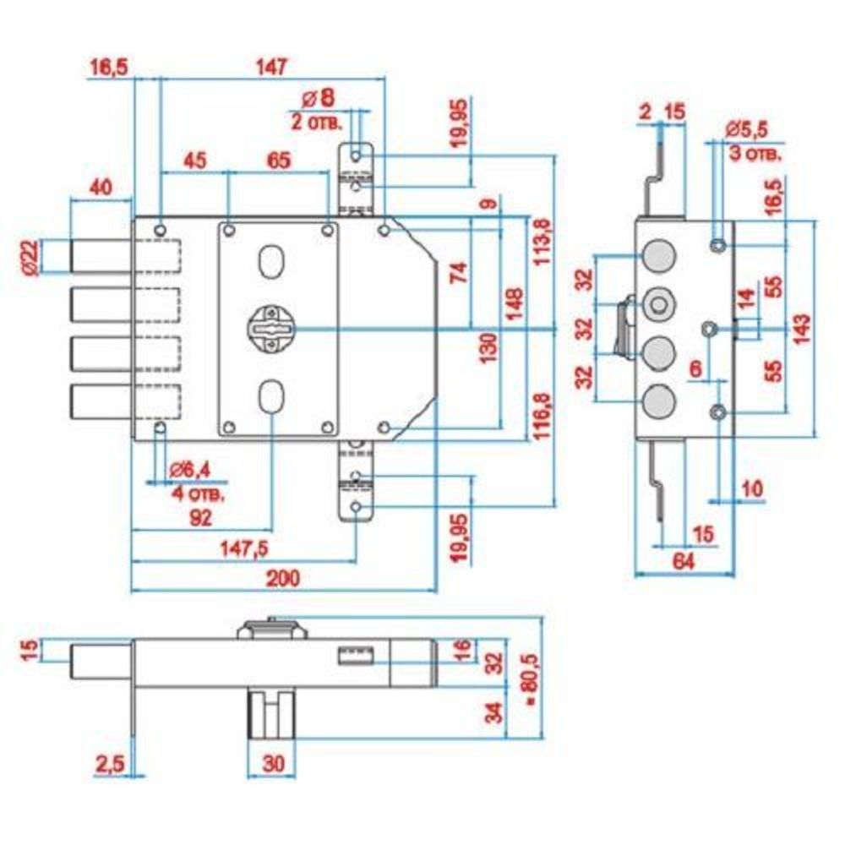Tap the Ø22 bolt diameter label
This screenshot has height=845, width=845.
point(30,257)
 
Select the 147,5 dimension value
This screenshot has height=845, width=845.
point(244,548)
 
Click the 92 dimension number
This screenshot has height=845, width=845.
point(199,517)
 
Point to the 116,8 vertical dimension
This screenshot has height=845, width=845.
point(538,417)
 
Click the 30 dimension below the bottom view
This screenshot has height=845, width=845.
point(272,764)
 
